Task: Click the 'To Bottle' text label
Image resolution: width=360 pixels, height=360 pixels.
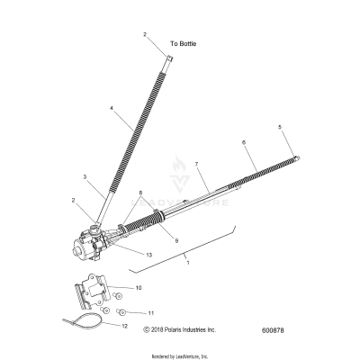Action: (x=183, y=43)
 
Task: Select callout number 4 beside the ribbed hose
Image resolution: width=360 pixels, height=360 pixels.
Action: (x=112, y=109)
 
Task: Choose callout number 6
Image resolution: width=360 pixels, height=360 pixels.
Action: (x=243, y=143)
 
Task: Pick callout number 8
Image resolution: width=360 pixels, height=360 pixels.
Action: (x=140, y=193)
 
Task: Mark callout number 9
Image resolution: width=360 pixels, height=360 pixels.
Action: (x=176, y=240)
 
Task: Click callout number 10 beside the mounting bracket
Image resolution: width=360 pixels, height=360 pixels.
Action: (x=139, y=288)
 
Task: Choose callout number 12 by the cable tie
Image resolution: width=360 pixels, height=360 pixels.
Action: (x=125, y=326)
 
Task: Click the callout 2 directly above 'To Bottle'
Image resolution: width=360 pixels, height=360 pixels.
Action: (x=144, y=33)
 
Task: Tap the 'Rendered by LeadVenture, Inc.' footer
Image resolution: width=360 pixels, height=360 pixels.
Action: (x=180, y=355)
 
